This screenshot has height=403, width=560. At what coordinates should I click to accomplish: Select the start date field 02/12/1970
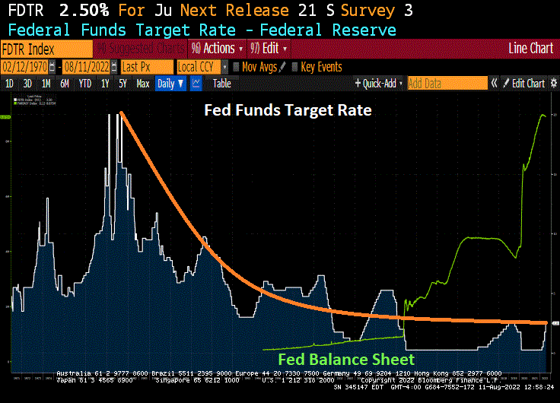tap(27, 66)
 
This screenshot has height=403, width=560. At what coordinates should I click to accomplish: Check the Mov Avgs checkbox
tap(237, 67)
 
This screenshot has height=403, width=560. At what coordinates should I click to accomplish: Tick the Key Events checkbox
tap(295, 67)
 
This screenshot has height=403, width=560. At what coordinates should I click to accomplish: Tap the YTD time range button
tap(84, 84)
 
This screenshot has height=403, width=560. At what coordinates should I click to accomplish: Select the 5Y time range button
tap(123, 84)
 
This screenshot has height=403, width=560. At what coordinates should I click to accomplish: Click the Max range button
tap(142, 84)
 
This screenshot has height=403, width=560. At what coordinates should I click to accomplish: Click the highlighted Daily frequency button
tap(170, 84)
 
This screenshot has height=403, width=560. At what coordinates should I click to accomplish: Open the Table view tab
tap(221, 84)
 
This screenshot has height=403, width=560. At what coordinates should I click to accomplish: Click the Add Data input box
tap(447, 84)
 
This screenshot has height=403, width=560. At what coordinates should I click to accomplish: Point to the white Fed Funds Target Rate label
tap(288, 110)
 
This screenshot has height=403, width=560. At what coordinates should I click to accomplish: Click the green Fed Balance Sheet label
tap(346, 359)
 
